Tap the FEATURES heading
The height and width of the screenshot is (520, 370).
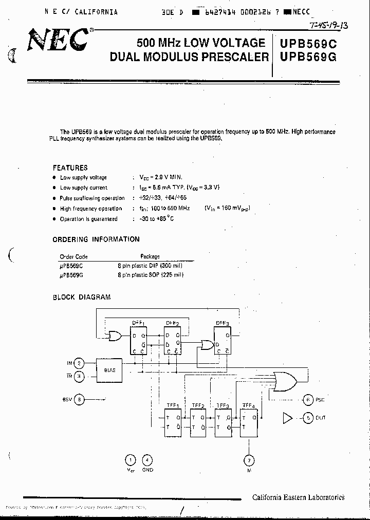pyautogui.click(x=70, y=168)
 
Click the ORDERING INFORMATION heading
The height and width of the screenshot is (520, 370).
pyautogui.click(x=96, y=239)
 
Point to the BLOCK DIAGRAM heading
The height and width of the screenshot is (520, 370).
pyautogui.click(x=81, y=297)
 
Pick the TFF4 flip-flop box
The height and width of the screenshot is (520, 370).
pyautogui.click(x=250, y=423)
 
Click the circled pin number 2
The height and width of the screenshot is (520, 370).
pyautogui.click(x=79, y=363)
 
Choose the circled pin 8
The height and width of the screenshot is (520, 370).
pyautogui.click(x=79, y=399)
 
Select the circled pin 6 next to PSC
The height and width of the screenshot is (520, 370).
pyautogui.click(x=308, y=399)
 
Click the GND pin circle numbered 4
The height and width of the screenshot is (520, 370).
pyautogui.click(x=147, y=460)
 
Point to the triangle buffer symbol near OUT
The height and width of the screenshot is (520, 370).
pyautogui.click(x=287, y=418)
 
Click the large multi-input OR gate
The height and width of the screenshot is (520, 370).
pyautogui.click(x=285, y=381)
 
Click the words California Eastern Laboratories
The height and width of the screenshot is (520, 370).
pyautogui.click(x=298, y=497)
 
